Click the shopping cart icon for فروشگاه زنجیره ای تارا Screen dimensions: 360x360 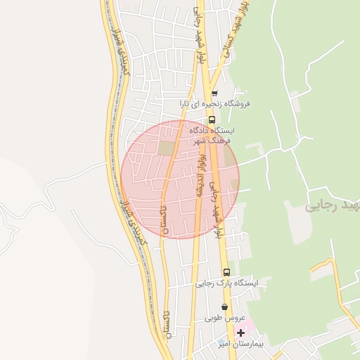point(214,93)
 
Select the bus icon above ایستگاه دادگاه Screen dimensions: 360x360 point(212,120)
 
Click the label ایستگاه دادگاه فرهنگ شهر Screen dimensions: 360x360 point(214,136)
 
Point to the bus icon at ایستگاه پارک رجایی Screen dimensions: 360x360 point(226,272)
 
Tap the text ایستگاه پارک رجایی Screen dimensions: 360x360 point(226,283)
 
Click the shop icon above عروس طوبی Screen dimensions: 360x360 point(224,307)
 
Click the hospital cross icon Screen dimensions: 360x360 point(240,332)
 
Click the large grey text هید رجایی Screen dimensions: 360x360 point(332,207)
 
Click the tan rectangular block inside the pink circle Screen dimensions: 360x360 point(165,148)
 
